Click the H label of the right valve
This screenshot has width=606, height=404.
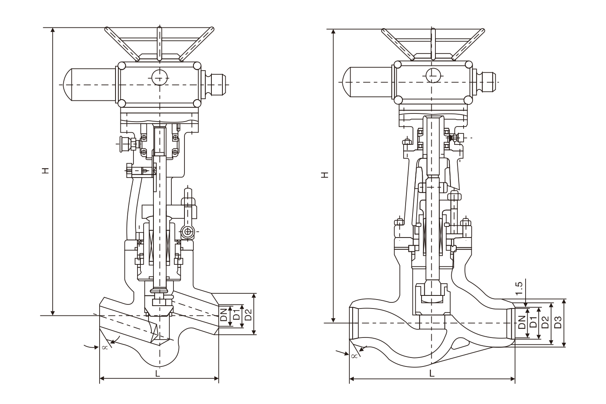click(x=325, y=175)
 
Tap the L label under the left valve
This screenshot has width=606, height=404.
click(x=158, y=373)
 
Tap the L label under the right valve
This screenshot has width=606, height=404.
click(x=432, y=373)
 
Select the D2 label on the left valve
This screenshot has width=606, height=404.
click(x=248, y=315)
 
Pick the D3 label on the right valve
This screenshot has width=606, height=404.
click(x=558, y=322)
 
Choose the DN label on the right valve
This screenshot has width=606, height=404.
click(x=522, y=322)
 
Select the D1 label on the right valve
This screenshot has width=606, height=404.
click(x=533, y=322)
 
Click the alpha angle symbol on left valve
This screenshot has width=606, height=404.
click(x=104, y=347)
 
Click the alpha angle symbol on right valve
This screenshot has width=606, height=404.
click(x=354, y=356)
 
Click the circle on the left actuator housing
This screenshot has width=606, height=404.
click(x=159, y=77)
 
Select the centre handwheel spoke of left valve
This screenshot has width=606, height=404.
click(x=159, y=43)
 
